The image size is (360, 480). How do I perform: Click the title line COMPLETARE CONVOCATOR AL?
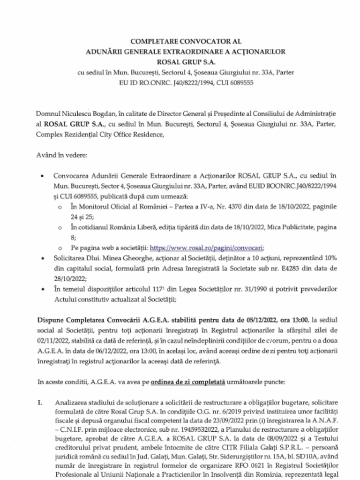180,41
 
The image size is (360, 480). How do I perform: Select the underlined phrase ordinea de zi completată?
188,382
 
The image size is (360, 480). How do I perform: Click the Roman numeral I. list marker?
40,402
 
